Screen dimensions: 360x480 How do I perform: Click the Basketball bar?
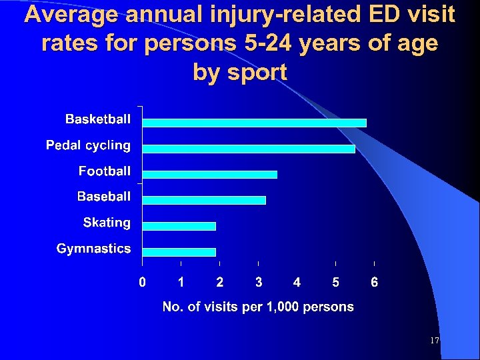coord(254,123)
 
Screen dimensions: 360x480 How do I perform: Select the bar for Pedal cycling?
coord(249,149)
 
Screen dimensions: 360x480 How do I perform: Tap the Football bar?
coord(209,175)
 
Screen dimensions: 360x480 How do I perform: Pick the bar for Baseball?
coord(204,200)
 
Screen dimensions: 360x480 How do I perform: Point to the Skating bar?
coord(179,226)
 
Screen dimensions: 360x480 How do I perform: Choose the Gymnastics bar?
coord(179,252)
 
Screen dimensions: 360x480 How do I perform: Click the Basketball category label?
coord(98,119)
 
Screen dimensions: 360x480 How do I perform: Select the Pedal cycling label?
coord(88,145)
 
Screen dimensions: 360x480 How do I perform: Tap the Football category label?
coord(105,171)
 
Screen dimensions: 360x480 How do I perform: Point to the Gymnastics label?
coord(94,249)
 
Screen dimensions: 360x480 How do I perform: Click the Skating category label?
coord(107,223)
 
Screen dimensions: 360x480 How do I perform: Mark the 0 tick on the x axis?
coord(142,283)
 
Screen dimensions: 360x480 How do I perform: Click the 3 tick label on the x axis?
coord(259,283)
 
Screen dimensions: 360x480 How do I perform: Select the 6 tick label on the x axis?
coord(375,283)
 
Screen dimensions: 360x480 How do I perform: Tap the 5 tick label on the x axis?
coord(335,283)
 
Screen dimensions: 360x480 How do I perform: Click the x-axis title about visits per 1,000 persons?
coord(259,307)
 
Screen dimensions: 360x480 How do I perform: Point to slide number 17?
coord(435,341)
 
